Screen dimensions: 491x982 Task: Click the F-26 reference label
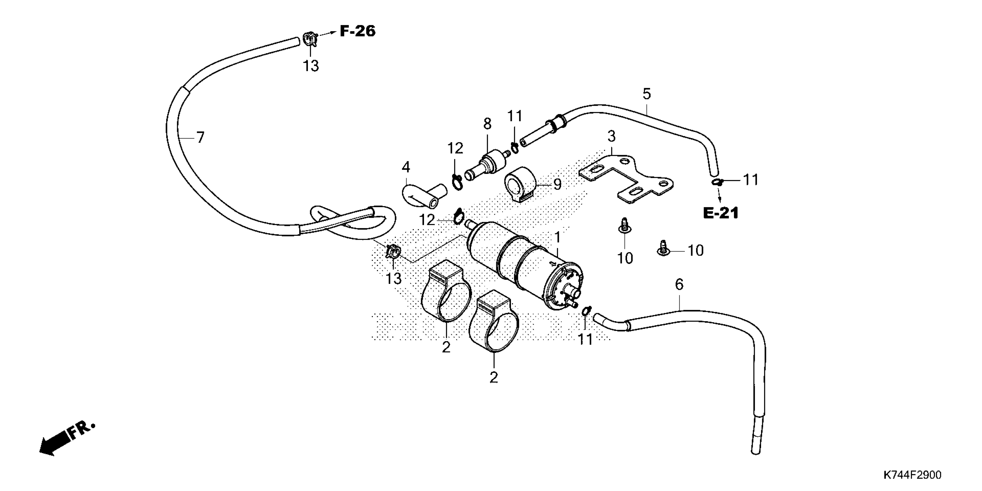point(357,31)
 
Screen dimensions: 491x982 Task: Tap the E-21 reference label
point(721,213)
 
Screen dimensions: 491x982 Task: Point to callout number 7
point(200,137)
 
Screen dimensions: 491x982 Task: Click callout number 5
point(647,94)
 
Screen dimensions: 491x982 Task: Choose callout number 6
point(679,284)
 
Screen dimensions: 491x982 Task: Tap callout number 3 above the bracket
point(611,136)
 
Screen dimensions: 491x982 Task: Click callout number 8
point(487,124)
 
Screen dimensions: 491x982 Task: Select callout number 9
point(557,185)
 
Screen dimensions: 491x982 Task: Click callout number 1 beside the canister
point(557,237)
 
